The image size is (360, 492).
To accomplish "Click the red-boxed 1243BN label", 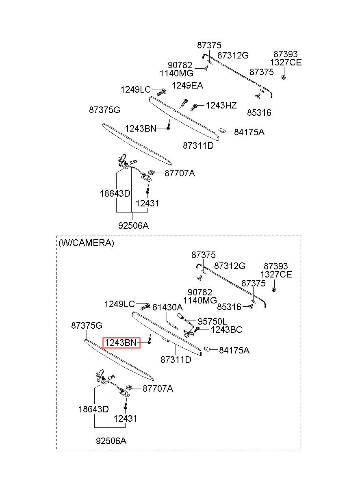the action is click(121, 342).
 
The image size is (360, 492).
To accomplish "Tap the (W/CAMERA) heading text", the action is click(86, 243).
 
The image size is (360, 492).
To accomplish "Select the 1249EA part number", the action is click(187, 85).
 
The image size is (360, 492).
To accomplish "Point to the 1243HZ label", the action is click(221, 106).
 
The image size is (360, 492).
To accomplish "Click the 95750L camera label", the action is click(212, 321).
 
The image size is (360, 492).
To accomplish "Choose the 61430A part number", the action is click(167, 307).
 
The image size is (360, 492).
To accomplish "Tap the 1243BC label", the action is click(226, 329).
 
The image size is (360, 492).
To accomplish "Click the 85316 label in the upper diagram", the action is click(259, 113).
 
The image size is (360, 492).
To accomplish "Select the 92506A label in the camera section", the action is click(111, 441).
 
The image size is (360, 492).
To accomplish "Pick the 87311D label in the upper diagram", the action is click(198, 145).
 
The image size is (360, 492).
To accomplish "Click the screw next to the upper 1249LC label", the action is click(162, 92).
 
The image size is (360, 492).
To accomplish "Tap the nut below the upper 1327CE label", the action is click(283, 77).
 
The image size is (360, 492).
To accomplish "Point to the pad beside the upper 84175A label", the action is click(222, 130).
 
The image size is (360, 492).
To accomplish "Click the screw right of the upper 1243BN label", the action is click(169, 126).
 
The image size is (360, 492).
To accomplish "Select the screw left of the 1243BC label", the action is click(196, 329).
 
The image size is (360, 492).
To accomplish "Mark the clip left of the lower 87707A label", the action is click(129, 388).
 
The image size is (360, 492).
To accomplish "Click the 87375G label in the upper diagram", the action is click(104, 110).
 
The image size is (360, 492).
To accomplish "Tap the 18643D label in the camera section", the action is click(93, 409).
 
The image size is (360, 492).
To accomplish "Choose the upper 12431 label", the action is click(147, 203).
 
